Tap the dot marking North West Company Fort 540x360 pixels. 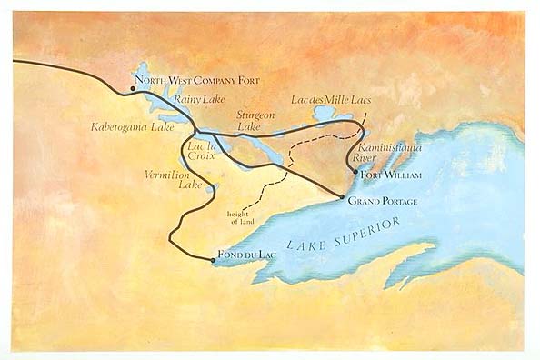[133, 89]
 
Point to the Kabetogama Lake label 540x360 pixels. [132, 128]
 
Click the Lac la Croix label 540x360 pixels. [201, 149]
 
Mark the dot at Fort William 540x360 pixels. [354, 171]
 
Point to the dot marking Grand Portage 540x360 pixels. [341, 197]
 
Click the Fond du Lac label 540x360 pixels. [244, 255]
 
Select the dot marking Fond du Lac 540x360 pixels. [213, 260]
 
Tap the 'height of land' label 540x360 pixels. [238, 217]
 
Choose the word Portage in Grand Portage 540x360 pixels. [398, 201]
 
